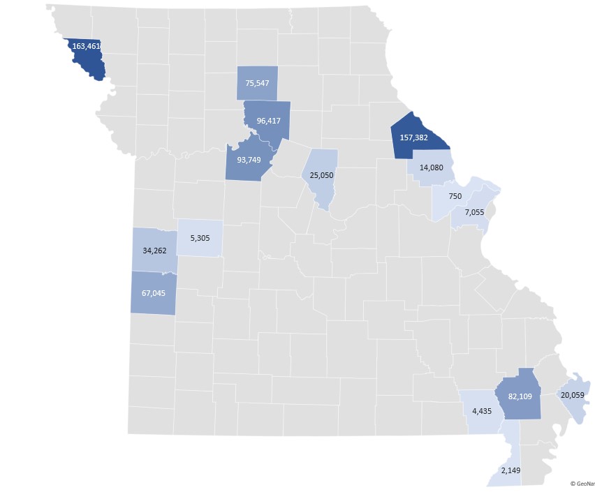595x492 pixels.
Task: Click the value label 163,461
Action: pyautogui.click(x=87, y=47)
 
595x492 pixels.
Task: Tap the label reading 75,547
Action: pyautogui.click(x=257, y=84)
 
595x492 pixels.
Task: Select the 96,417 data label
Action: pyautogui.click(x=269, y=121)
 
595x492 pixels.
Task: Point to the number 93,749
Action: pyautogui.click(x=249, y=159)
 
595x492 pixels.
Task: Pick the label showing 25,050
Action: pyautogui.click(x=321, y=174)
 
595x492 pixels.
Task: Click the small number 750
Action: pyautogui.click(x=455, y=197)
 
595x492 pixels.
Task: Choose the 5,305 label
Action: pyautogui.click(x=200, y=238)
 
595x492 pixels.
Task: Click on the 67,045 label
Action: pyautogui.click(x=154, y=293)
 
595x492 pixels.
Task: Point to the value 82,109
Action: pyautogui.click(x=520, y=396)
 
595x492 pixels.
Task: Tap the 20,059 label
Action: pyautogui.click(x=572, y=395)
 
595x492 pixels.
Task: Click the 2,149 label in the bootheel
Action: pyautogui.click(x=511, y=470)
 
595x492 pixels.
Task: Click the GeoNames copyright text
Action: pyautogui.click(x=582, y=483)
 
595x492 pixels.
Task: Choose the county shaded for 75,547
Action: pyautogui.click(x=257, y=73)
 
